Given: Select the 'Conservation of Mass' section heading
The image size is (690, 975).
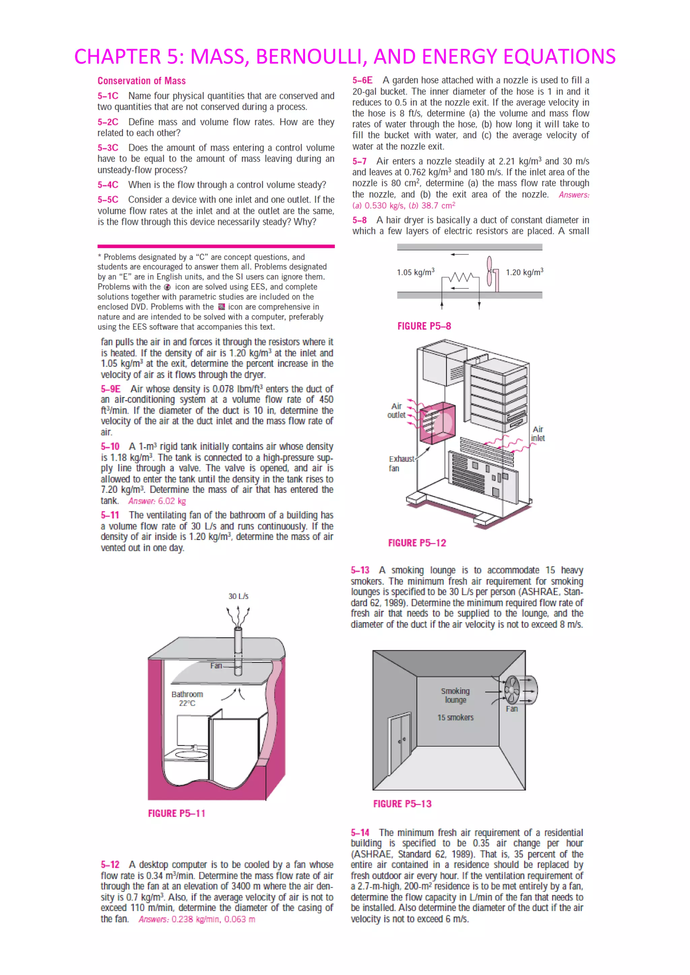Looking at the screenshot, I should pos(142,81).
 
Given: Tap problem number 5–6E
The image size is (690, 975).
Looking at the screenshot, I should pos(362,80).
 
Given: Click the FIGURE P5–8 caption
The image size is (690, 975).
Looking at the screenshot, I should pos(424,326).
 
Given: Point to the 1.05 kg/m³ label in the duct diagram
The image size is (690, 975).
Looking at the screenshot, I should pos(415,272).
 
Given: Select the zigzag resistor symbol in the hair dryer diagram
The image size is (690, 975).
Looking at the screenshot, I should pos(460,278).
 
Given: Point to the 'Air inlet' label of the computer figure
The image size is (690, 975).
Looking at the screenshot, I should pos(537,434).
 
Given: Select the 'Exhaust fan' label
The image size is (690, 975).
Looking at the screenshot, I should pos(400,463).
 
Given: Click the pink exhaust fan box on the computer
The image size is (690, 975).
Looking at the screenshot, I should pos(437,423).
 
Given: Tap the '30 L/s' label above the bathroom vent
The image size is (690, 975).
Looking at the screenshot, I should pos(238,596).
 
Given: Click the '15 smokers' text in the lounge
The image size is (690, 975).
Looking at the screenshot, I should pos(455,717).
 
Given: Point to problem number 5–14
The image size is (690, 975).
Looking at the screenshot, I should pos(360,833).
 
